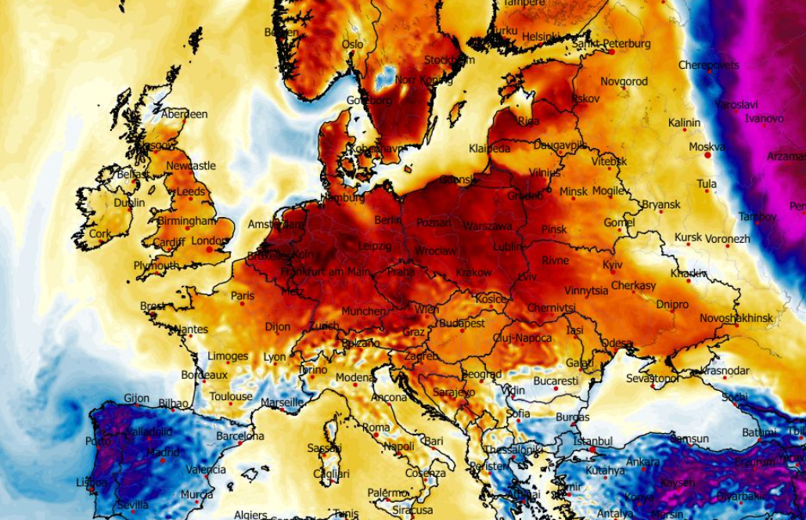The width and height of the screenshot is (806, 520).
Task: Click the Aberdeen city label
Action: (185, 114)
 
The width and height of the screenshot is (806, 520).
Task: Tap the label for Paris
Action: (243, 296)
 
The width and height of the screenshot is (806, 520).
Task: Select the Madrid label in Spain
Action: (162, 453)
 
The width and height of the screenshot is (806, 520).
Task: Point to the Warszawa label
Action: (488, 226)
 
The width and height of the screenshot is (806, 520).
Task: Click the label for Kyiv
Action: (613, 265)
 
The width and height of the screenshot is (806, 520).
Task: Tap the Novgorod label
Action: (624, 81)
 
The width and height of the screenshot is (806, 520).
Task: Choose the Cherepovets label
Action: (708, 65)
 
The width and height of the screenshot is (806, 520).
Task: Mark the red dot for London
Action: (209, 250)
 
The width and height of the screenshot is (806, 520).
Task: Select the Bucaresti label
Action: (556, 381)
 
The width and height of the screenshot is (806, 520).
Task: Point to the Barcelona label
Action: (240, 436)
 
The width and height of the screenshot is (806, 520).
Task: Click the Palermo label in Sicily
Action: (388, 493)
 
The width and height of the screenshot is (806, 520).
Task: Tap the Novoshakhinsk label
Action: (736, 318)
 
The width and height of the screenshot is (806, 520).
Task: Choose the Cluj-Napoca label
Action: (522, 338)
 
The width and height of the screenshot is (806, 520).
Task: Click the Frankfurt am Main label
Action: (325, 272)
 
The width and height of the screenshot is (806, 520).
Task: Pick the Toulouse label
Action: (231, 396)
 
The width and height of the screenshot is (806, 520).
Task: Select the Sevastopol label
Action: (652, 378)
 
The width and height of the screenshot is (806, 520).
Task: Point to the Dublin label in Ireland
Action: (129, 203)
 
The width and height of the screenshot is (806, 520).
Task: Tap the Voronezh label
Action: (728, 239)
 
